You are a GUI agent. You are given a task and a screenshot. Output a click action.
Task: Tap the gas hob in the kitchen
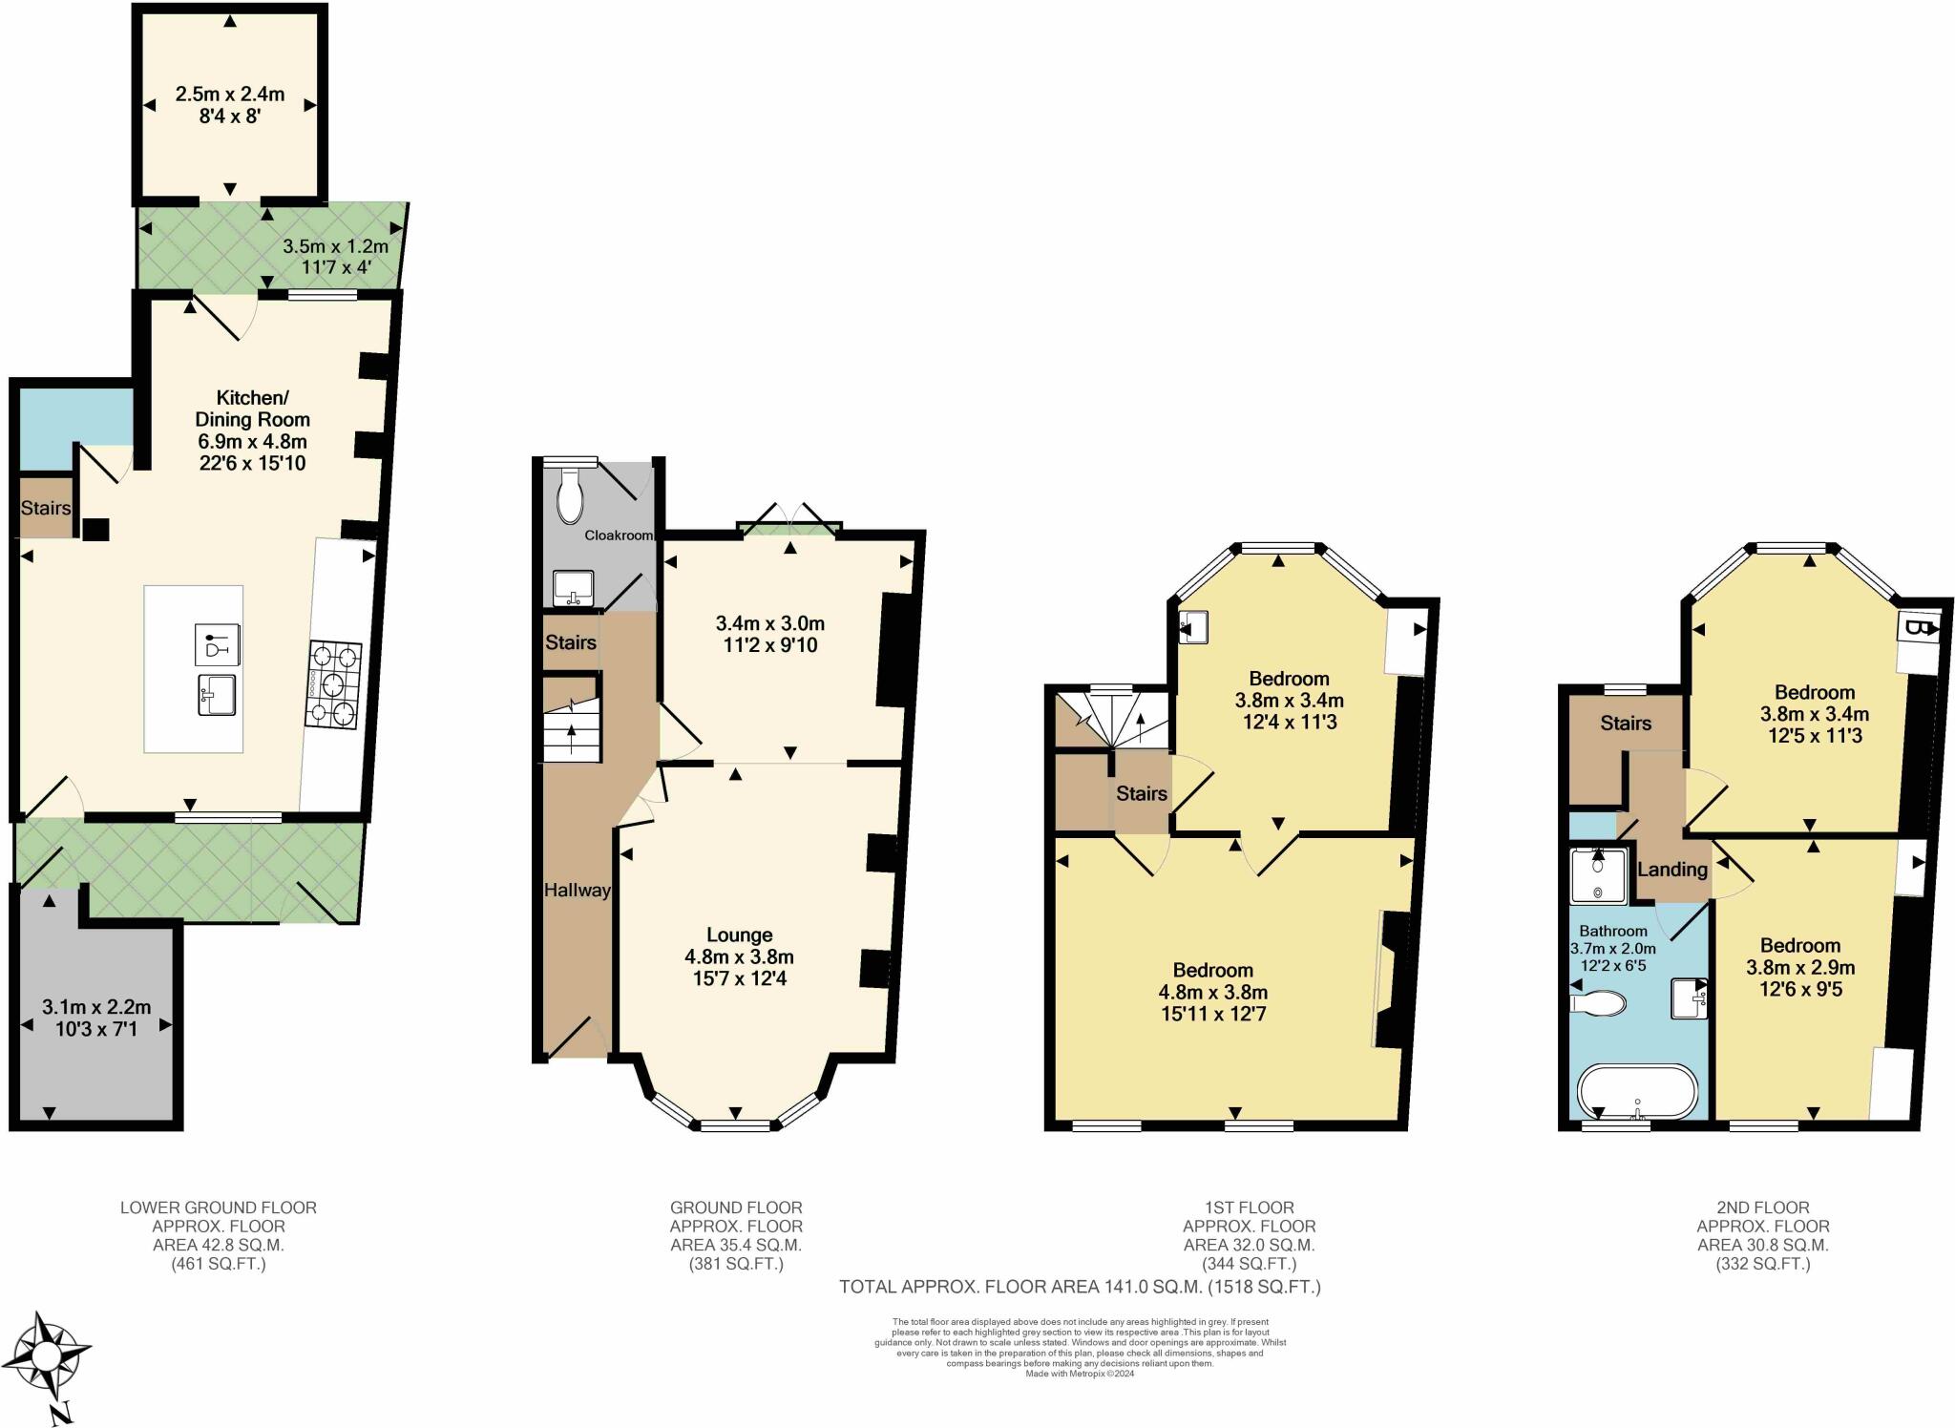334,685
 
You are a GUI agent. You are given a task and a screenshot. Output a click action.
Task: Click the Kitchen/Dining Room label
253,409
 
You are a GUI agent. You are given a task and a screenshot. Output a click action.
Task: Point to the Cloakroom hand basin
574,588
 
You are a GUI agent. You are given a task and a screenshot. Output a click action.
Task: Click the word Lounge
739,934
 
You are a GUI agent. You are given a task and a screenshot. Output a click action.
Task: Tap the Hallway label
577,890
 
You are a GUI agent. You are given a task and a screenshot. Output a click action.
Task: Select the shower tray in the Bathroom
1598,874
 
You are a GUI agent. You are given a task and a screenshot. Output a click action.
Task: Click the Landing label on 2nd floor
1672,870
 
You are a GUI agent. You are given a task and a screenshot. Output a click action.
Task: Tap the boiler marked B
1918,629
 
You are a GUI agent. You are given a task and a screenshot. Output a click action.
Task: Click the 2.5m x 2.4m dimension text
230,94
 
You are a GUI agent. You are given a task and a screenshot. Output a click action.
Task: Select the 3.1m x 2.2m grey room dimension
96,1007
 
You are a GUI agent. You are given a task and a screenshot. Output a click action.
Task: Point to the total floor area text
1080,1287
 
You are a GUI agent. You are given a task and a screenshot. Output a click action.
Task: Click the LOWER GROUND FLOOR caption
219,1207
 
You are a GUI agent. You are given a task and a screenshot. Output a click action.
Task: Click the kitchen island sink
218,694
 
